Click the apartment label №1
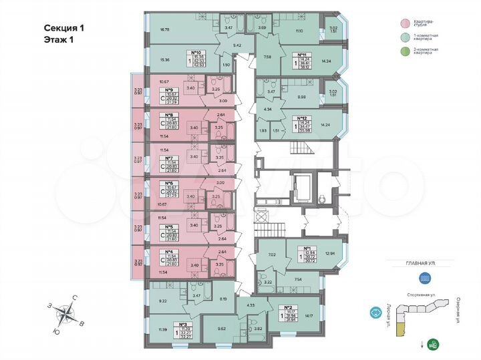pos(309,248)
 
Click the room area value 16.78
pos(166,29)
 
